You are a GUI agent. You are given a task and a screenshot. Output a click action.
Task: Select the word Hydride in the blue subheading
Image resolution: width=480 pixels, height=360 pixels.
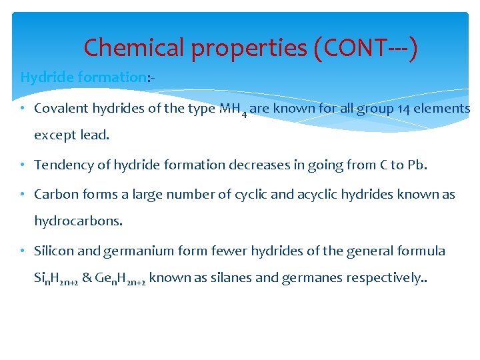point(47,77)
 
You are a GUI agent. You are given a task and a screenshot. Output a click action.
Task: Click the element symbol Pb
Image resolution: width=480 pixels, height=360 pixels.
point(415,165)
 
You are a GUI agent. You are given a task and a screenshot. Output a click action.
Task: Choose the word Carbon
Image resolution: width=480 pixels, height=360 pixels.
point(54,194)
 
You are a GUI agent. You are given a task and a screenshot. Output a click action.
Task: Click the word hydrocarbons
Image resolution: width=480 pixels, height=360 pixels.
point(79,221)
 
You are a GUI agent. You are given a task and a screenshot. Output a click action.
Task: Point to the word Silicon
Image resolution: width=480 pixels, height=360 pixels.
point(55,251)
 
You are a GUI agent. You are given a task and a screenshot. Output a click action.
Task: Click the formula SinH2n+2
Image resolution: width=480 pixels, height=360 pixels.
point(57,279)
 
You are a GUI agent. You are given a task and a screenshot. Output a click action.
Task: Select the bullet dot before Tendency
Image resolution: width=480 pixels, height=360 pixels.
point(24,165)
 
